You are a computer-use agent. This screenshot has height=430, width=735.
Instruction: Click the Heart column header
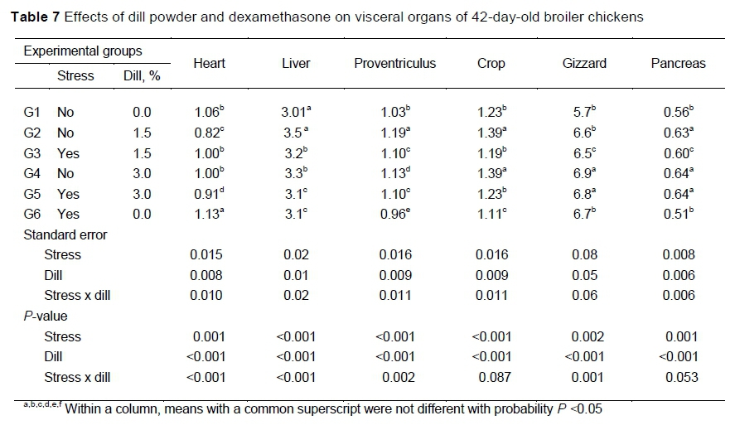point(209,63)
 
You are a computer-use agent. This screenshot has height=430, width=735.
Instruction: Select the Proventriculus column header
point(394,63)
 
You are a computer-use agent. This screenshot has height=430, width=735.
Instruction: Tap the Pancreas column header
point(678,63)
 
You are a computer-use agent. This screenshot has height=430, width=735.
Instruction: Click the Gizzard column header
point(584,63)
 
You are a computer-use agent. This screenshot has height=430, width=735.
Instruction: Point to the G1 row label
point(32,113)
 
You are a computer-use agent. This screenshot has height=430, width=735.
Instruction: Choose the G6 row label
point(32,215)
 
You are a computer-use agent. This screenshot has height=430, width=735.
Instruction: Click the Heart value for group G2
point(208,133)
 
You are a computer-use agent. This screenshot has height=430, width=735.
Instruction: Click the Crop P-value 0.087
point(491,377)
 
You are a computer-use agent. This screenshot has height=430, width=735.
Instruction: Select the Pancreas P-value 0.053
point(679,377)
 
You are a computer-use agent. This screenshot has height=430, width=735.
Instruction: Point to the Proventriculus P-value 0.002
point(394,377)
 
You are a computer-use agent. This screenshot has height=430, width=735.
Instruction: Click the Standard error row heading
point(65,234)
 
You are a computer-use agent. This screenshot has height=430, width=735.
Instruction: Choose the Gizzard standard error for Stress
point(584,255)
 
